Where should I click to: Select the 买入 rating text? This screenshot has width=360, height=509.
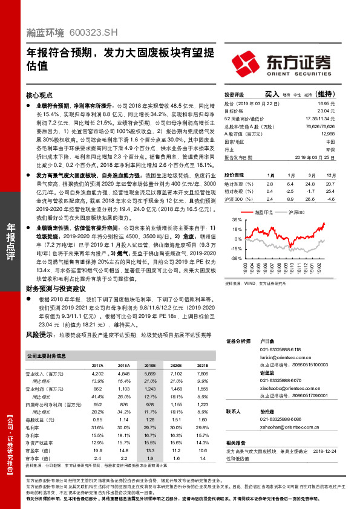tap(272, 95)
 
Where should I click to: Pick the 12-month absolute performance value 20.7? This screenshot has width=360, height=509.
tap(329, 183)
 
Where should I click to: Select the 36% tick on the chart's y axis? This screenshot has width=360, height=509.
tap(237, 220)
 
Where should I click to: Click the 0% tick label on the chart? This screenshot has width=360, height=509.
tap(238, 239)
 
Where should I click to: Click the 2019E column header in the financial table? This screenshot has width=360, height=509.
tap(149, 366)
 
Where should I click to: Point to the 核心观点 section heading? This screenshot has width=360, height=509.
tap(41, 96)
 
